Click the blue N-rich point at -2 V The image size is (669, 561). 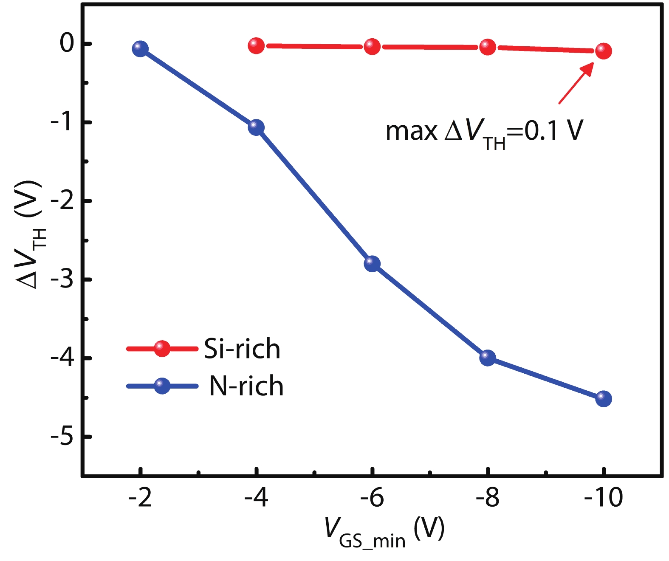[x=140, y=49]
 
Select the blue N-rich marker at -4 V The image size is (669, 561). [x=256, y=127]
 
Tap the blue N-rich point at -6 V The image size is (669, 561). [x=372, y=264]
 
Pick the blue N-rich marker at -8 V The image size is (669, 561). [x=488, y=358]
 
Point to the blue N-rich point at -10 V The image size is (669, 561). [x=604, y=398]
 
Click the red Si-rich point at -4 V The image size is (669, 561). [x=256, y=45]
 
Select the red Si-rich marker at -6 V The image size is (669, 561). [x=372, y=46]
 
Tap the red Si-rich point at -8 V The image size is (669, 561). [x=488, y=47]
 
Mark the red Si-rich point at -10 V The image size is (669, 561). [x=604, y=51]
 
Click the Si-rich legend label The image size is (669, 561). [x=242, y=349]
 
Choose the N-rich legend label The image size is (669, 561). [x=246, y=386]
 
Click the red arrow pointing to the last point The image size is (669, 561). [x=576, y=83]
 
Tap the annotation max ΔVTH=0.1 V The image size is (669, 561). [x=484, y=132]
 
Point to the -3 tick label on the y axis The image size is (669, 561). [x=62, y=280]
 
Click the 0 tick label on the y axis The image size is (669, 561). [x=67, y=43]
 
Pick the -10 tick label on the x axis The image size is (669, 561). [x=603, y=498]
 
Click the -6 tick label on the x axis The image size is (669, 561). [x=372, y=498]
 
